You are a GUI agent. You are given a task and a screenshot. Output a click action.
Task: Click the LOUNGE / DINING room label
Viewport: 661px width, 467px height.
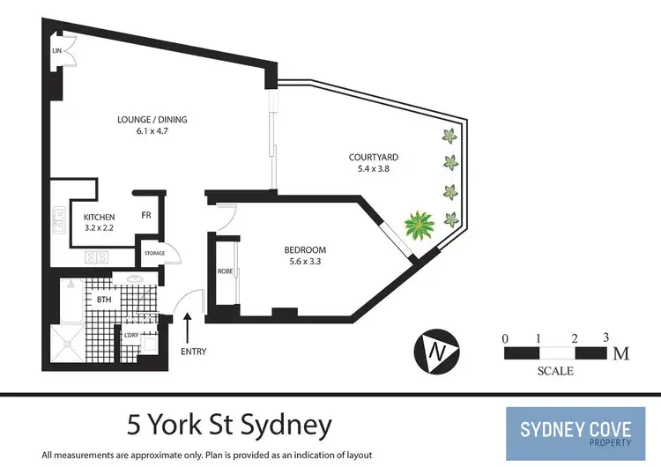pos(152,120)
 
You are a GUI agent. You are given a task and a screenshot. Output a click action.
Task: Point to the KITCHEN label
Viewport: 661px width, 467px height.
pos(100,218)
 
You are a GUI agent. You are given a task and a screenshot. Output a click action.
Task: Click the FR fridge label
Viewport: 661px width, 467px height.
pos(146,214)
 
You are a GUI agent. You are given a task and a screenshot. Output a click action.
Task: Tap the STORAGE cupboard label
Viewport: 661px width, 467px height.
pos(154,255)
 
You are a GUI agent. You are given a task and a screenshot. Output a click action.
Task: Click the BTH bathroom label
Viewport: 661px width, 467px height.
pos(104,300)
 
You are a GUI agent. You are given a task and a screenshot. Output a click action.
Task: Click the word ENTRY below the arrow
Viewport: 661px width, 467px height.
pos(193,352)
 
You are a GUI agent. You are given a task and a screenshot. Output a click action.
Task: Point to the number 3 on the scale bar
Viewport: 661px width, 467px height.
pos(605,337)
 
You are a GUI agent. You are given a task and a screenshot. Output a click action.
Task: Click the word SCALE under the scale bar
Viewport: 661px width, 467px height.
pos(554,371)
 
